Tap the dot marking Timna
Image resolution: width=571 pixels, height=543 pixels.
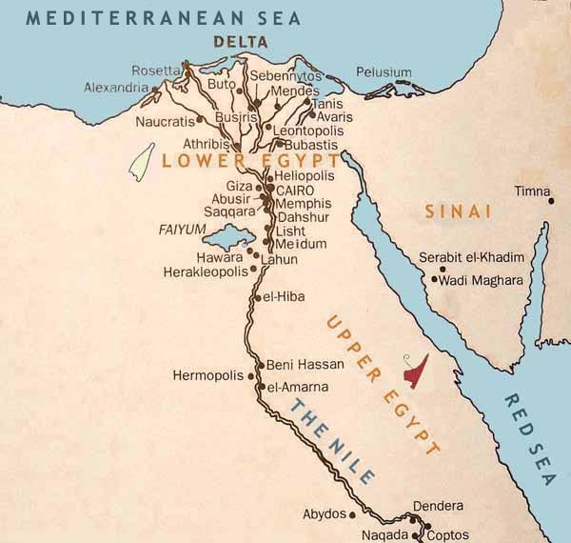[x=550, y=201]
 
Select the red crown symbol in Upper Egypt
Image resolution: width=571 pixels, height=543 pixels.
[x=415, y=371]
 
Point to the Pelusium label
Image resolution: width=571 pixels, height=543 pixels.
[x=384, y=72]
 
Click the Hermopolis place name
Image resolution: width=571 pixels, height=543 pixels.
[x=209, y=375]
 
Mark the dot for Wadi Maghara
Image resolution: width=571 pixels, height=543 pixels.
[x=434, y=279]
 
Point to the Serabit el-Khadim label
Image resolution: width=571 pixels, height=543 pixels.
[x=472, y=259]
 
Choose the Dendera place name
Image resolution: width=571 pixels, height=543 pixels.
[x=438, y=505]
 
